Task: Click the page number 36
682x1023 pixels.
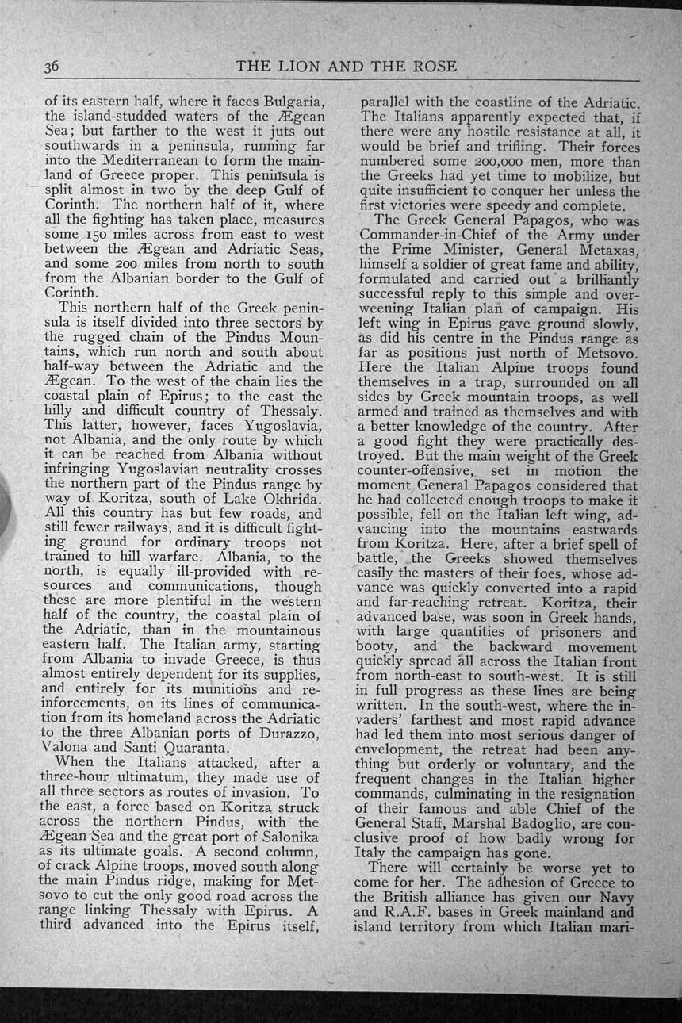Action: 52,67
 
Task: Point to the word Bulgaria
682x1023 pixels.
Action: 285,101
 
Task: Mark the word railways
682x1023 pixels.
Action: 128,527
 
